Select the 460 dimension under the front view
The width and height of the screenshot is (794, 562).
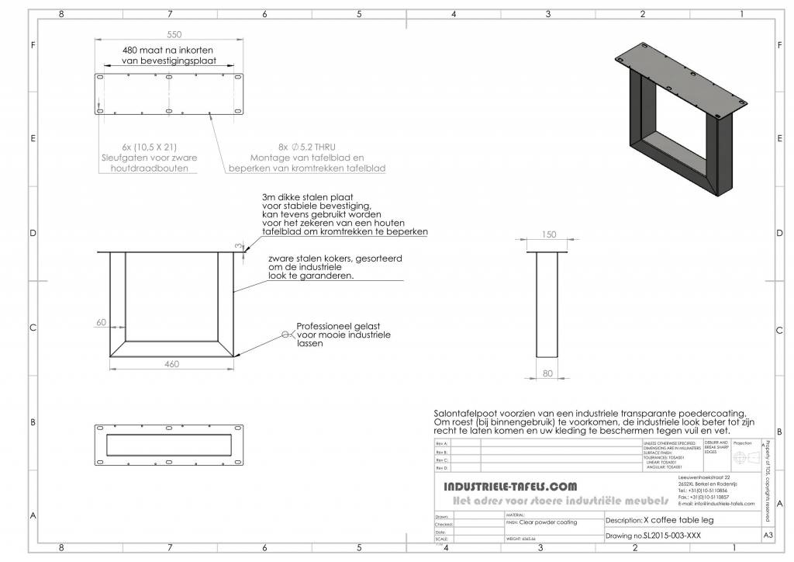pos(172,363)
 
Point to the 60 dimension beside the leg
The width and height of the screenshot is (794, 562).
pos(101,322)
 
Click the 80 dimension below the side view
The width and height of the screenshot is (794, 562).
pos(548,373)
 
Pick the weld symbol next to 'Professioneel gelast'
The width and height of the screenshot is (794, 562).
pos(285,335)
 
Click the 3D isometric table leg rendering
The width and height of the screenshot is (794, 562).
pos(683,116)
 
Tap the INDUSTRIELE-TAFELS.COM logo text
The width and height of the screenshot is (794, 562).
pos(509,486)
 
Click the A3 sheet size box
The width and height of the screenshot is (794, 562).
pos(768,536)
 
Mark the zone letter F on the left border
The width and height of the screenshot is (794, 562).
pos(33,45)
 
